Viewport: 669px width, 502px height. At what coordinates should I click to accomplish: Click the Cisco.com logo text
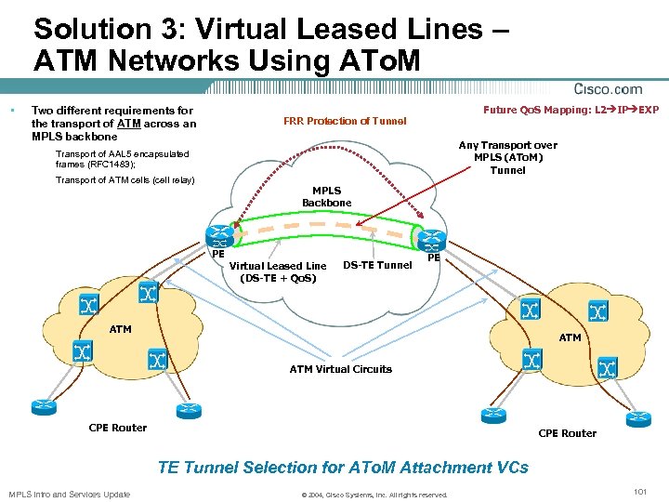click(609, 89)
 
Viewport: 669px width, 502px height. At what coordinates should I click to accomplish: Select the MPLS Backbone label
click(325, 196)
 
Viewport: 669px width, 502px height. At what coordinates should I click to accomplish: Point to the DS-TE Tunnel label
click(377, 265)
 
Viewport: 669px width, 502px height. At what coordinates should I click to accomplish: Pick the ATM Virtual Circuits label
click(340, 369)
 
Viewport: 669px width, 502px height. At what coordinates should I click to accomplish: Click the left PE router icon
click(220, 235)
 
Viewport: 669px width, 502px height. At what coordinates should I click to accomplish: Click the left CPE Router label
click(117, 428)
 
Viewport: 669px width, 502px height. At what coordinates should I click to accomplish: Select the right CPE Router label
click(568, 433)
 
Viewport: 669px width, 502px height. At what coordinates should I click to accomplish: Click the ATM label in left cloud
click(121, 328)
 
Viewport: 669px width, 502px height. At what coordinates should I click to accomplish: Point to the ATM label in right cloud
click(570, 337)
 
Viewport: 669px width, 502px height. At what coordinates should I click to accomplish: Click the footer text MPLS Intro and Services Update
click(69, 493)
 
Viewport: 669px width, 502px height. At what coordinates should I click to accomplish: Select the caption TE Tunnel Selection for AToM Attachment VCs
click(343, 468)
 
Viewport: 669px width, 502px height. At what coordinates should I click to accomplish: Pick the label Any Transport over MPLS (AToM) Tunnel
click(507, 157)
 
